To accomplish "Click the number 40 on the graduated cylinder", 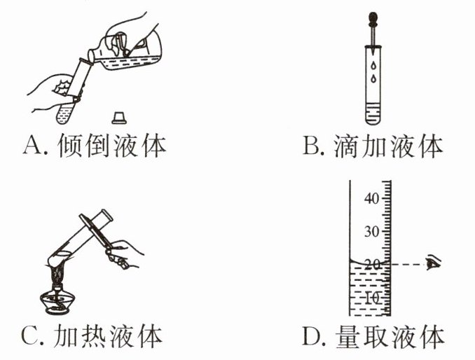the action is (x=372, y=199).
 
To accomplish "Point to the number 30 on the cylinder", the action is (x=372, y=232).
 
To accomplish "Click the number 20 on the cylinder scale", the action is (x=372, y=264).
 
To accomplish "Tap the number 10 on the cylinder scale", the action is (x=372, y=298).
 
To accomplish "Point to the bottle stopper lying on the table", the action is (x=118, y=116).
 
